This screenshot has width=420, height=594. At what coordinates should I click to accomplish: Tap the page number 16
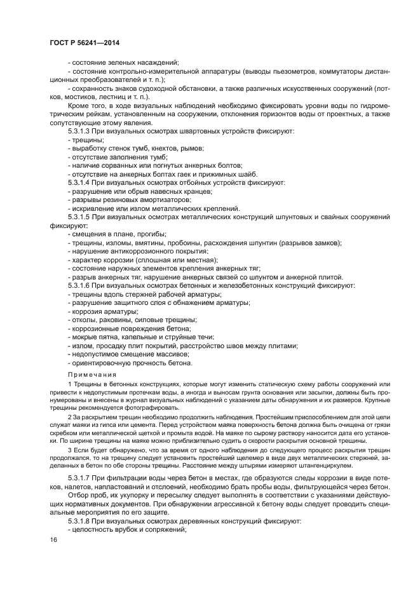click(x=53, y=539)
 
